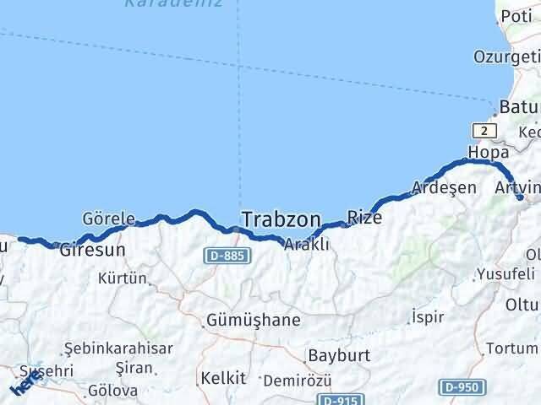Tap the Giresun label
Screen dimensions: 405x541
pos(92,250)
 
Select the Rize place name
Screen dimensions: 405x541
pos(364,218)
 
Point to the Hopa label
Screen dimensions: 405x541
pos(493,153)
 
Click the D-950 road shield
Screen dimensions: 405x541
pos(462,386)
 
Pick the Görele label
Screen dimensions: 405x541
pos(108,219)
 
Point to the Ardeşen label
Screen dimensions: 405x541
pos(444,187)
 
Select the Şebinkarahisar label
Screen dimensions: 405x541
pos(119,348)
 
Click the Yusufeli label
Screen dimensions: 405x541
pos(505,274)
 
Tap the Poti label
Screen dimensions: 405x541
pos(516,16)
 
